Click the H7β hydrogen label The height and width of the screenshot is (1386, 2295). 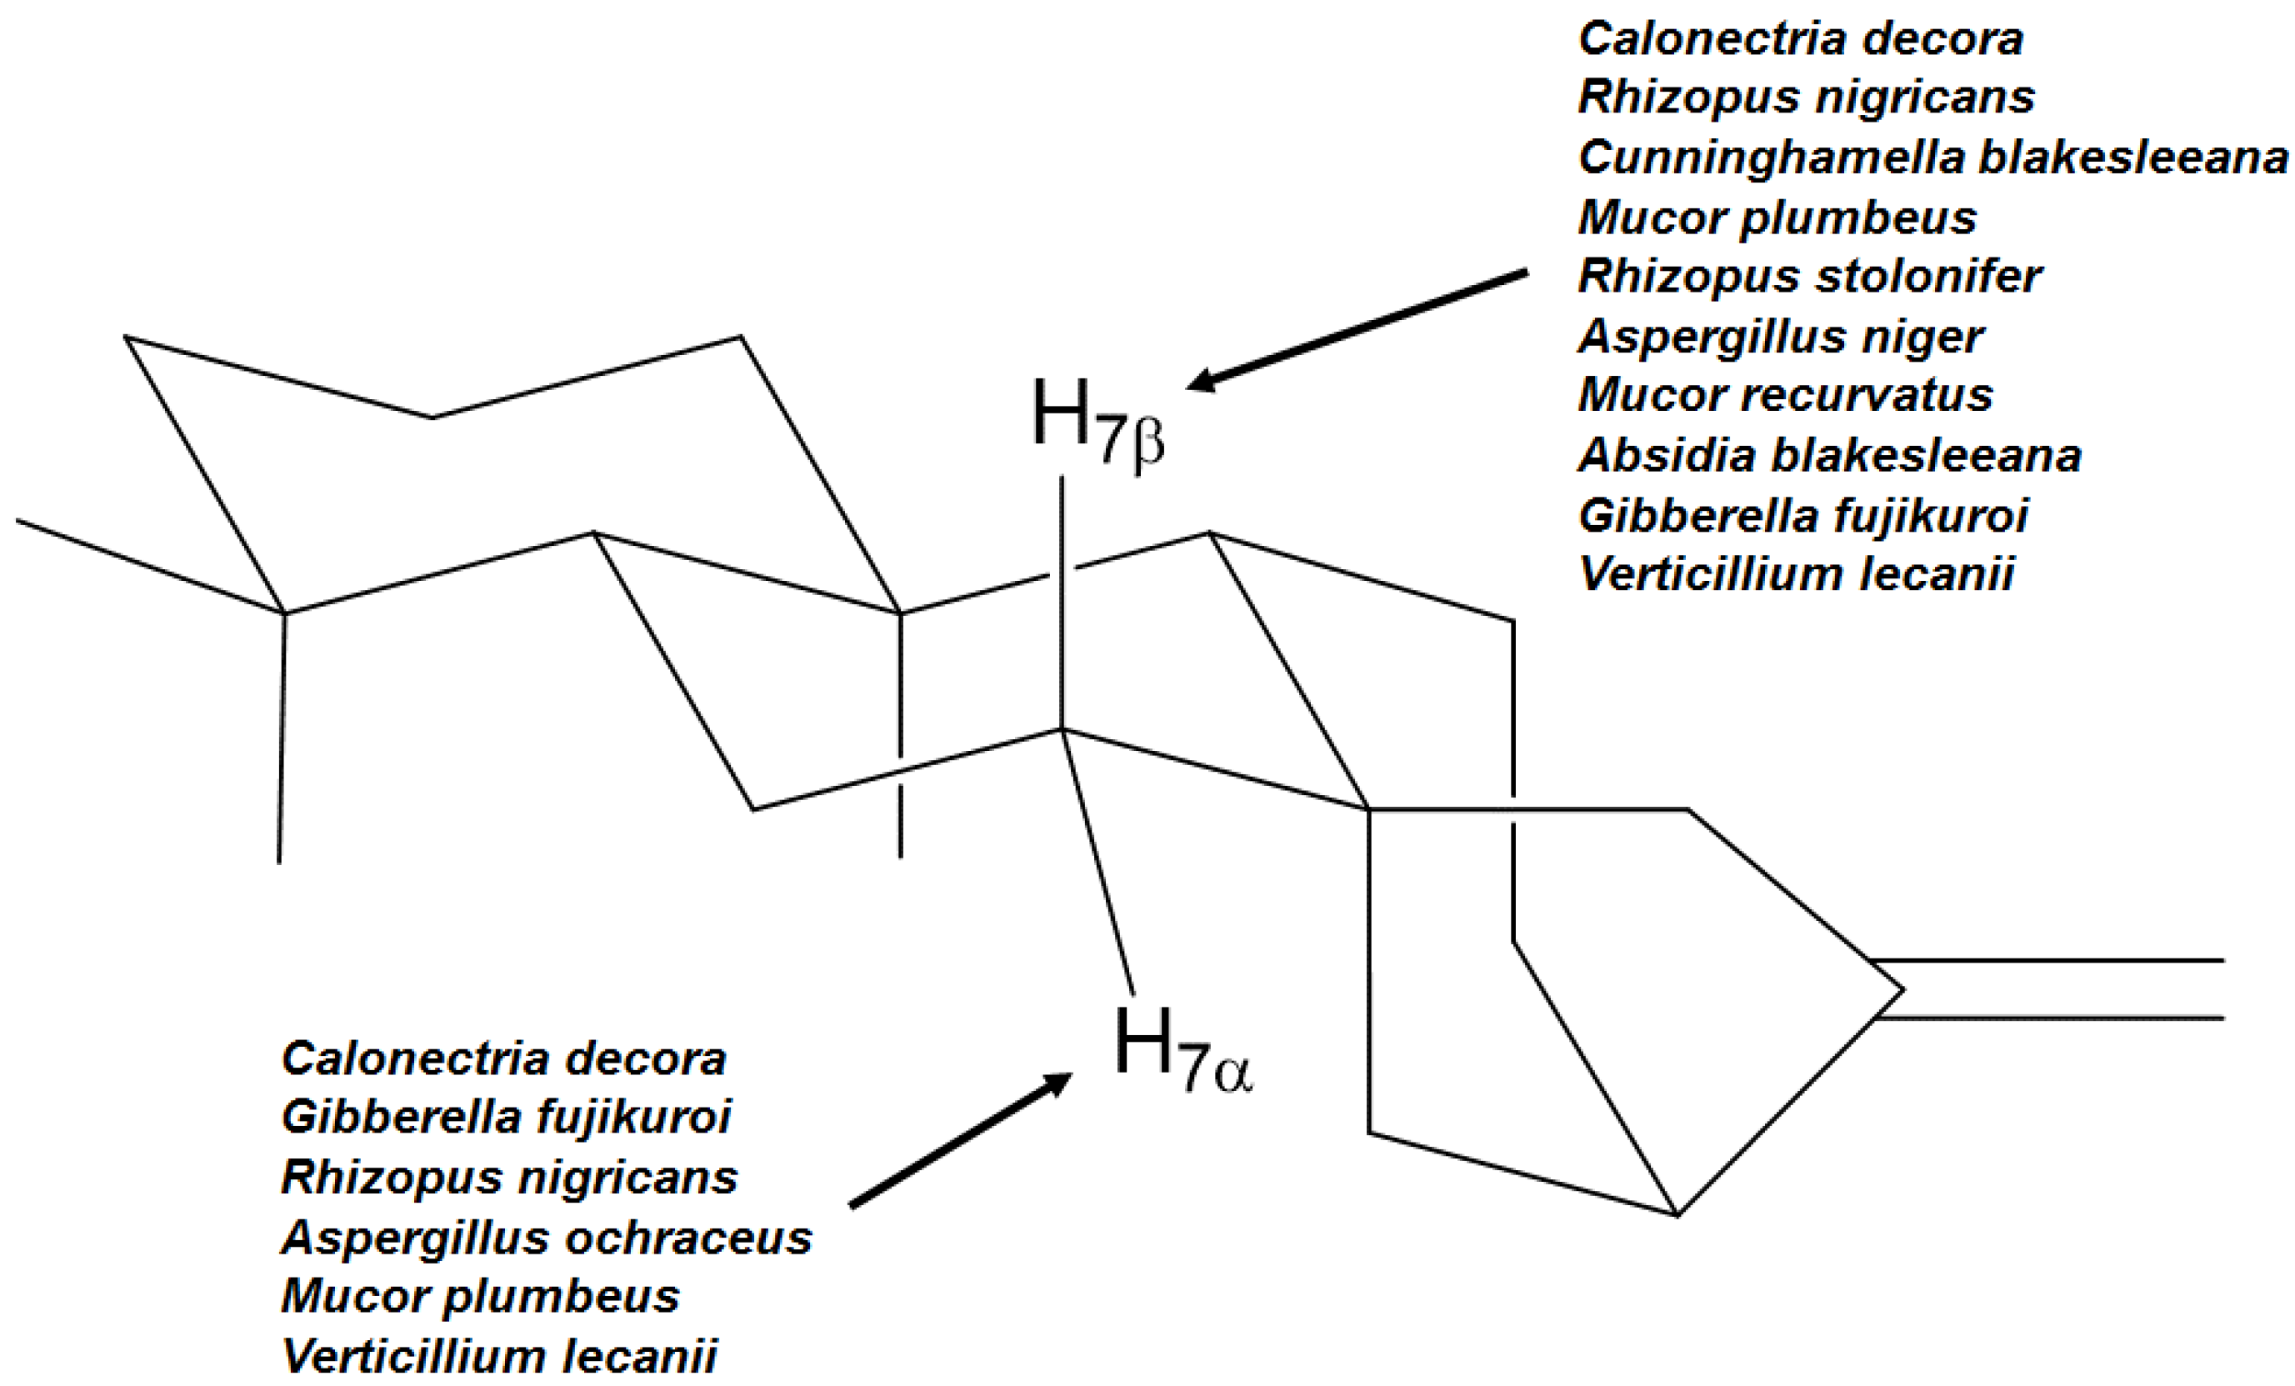1097,421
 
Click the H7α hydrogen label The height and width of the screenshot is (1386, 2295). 1181,1048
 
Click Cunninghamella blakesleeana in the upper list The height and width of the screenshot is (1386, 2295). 1932,158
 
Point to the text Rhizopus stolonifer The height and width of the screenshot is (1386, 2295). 1809,276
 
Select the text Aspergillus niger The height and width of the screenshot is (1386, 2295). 1780,335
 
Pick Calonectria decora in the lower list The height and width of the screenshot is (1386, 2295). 504,1059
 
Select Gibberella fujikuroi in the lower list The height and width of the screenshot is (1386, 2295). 506,1117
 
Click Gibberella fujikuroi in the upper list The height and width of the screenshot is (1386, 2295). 1802,515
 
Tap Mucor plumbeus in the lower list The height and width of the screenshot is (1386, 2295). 481,1296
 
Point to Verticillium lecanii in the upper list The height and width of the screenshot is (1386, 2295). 1796,573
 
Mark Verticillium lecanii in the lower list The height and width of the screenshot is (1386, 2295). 499,1356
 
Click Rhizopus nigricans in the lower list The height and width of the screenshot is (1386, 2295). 509,1178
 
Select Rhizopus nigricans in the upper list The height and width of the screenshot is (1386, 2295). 1806,97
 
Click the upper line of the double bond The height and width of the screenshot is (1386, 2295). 2049,960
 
